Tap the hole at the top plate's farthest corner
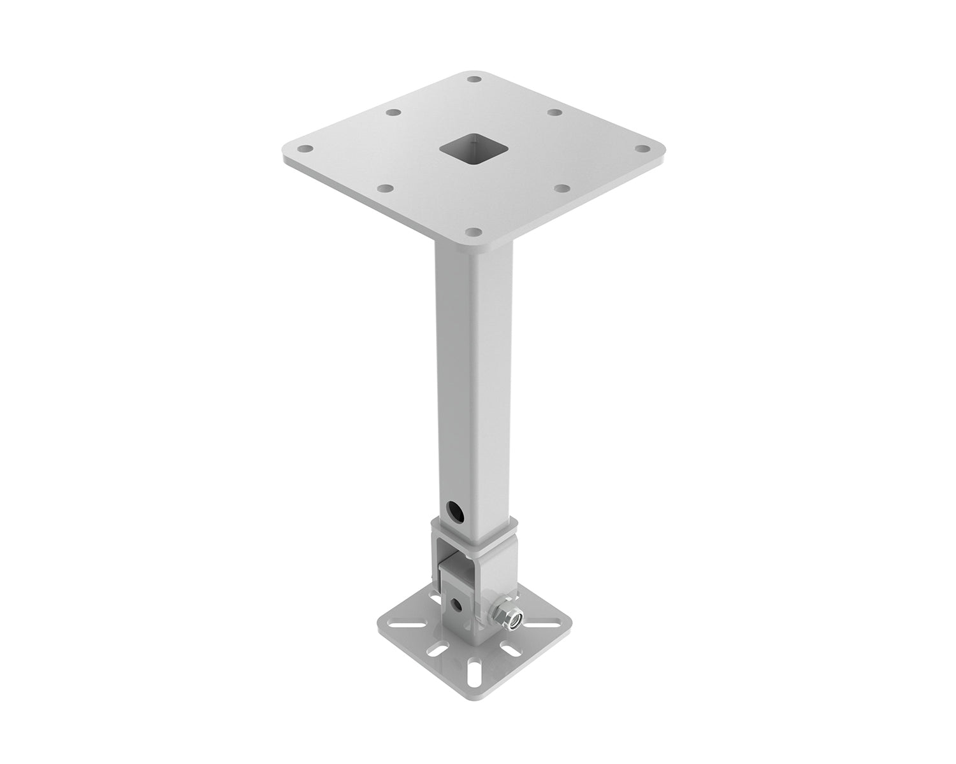pyautogui.click(x=474, y=80)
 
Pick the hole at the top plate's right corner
pyautogui.click(x=644, y=149)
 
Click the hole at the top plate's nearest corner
pyautogui.click(x=472, y=232)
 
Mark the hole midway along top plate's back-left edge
pyautogui.click(x=393, y=112)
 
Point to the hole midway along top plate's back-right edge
pyautogui.click(x=555, y=112)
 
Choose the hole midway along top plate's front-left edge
pyautogui.click(x=385, y=188)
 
